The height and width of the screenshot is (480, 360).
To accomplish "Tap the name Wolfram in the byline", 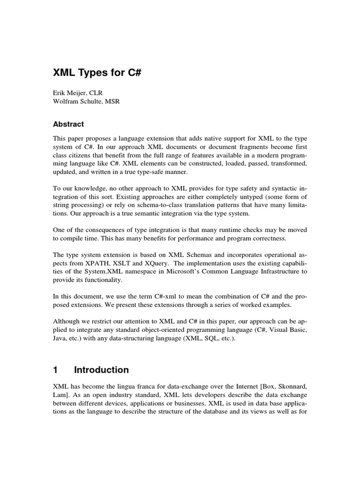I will click(67, 102).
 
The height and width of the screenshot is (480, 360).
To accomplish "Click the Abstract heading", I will click(68, 124).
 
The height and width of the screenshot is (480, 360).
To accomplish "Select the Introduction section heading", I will click(101, 370).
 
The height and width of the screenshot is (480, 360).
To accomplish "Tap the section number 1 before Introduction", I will click(55, 370).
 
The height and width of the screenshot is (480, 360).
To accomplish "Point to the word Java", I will click(60, 338).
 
